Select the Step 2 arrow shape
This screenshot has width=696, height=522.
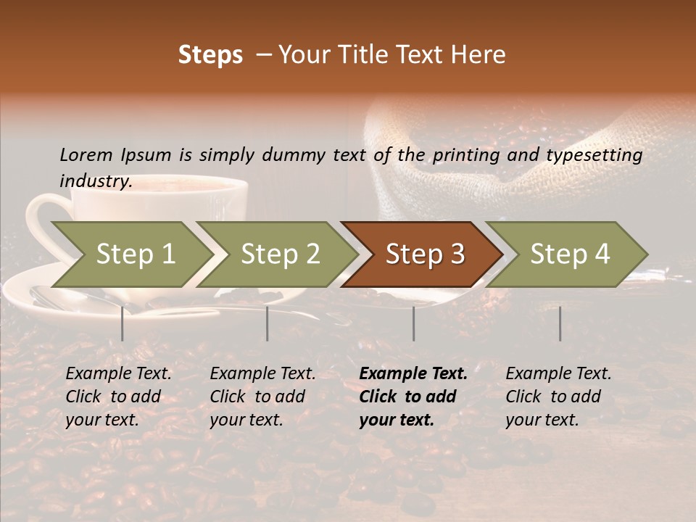[x=280, y=254]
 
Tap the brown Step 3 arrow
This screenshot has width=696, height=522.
[x=425, y=254]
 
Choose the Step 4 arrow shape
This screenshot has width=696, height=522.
[x=570, y=254]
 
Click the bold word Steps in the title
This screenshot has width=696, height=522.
[x=210, y=55]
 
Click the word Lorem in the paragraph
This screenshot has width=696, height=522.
[x=86, y=155]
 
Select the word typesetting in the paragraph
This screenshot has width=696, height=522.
[x=594, y=155]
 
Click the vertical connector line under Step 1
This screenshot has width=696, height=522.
[x=123, y=323]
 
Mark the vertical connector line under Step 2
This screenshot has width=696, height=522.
[x=268, y=323]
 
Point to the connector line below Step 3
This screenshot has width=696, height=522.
[x=414, y=323]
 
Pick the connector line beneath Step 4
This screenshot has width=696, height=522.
[x=560, y=323]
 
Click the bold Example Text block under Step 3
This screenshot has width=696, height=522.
[x=413, y=397]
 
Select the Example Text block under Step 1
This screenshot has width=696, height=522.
[x=118, y=397]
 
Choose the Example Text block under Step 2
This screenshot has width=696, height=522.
[x=262, y=397]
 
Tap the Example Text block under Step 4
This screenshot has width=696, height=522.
[x=558, y=397]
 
